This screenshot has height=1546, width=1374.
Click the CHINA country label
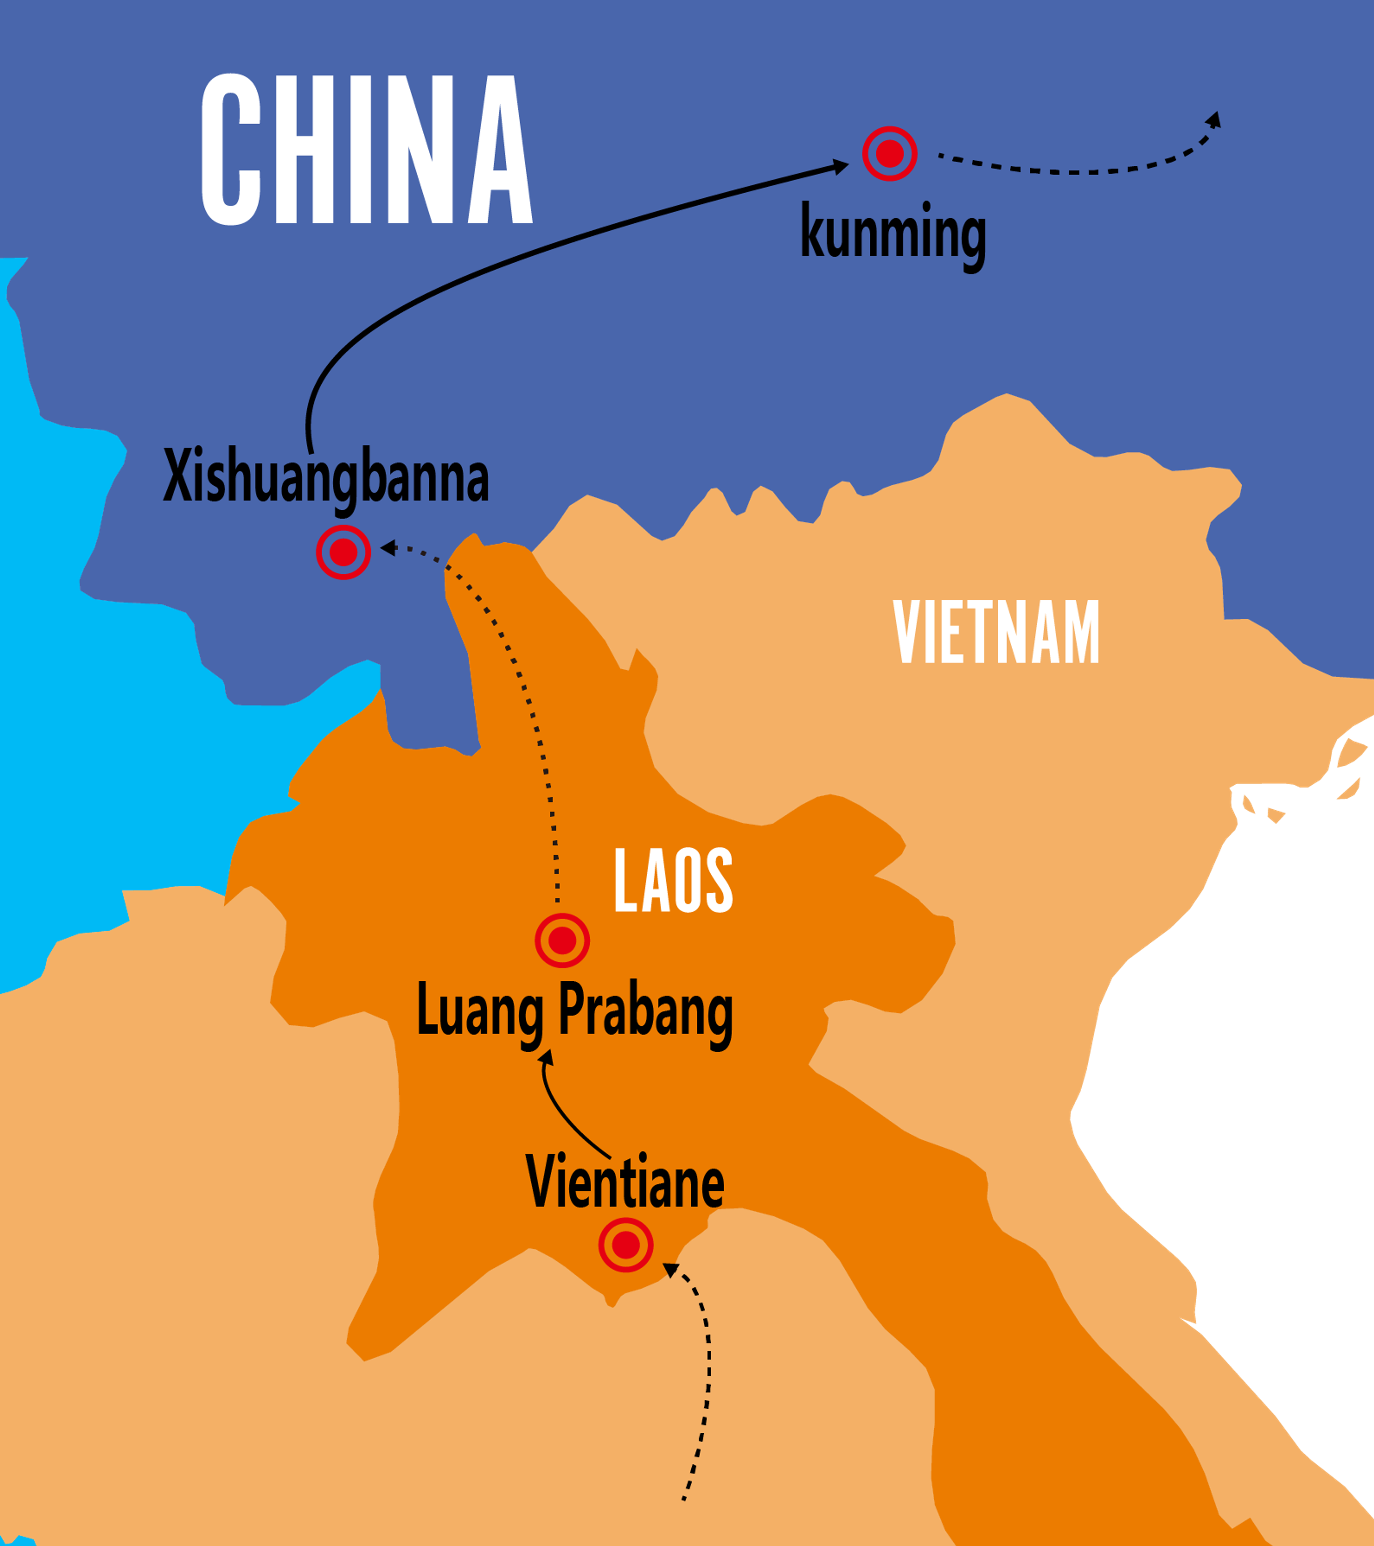pyautogui.click(x=367, y=150)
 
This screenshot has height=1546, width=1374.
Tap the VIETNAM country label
pyautogui.click(x=996, y=632)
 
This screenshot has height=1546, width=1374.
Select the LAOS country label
pyautogui.click(x=673, y=880)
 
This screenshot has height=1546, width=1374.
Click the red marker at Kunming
pyautogui.click(x=890, y=153)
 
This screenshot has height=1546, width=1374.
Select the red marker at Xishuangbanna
pyautogui.click(x=343, y=552)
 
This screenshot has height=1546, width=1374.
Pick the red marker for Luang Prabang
pyautogui.click(x=562, y=940)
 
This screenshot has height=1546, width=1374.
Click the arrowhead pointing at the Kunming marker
pyautogui.click(x=841, y=166)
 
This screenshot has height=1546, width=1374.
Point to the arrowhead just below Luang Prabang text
pyautogui.click(x=546, y=1057)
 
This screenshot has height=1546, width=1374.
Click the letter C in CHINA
pyautogui.click(x=231, y=150)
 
